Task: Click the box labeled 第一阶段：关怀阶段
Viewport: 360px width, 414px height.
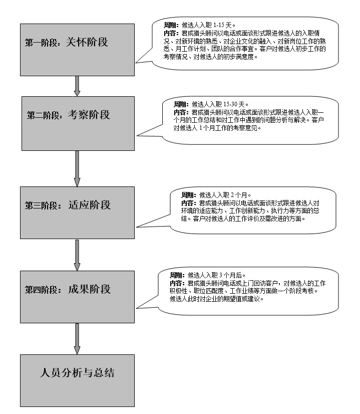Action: [77, 50]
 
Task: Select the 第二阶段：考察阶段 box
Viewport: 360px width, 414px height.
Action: [78, 124]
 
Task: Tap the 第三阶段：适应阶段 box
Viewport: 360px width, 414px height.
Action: [77, 213]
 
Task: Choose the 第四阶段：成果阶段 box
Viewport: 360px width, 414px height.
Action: [77, 297]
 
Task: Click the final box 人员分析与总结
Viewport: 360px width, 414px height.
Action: [77, 380]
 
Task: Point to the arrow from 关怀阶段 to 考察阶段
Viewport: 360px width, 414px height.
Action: [77, 86]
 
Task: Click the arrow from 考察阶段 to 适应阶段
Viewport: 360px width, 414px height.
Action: [77, 169]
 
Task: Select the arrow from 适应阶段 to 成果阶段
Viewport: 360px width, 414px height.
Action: [77, 255]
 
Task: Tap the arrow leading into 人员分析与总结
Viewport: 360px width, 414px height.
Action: [77, 339]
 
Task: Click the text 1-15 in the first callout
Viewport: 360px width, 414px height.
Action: [219, 25]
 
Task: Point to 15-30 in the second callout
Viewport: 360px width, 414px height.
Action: [230, 104]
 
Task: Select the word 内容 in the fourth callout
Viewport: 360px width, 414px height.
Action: [176, 283]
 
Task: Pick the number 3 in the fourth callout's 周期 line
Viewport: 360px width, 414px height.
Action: [221, 275]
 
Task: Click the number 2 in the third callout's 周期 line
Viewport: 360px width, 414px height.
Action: [232, 195]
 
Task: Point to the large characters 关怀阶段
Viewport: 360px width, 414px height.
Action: [87, 42]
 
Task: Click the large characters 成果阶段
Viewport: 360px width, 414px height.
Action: [89, 289]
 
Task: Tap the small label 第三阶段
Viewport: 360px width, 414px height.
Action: [41, 205]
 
